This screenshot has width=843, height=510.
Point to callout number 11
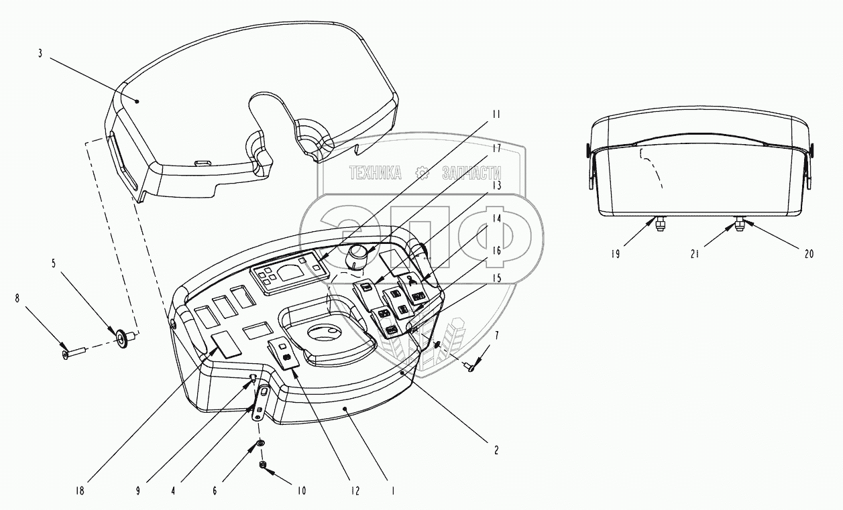(x=496, y=115)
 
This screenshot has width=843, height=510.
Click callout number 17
(x=496, y=147)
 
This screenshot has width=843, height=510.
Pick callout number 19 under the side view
(x=616, y=254)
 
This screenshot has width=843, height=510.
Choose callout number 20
(x=809, y=253)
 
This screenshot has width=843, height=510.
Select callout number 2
(x=496, y=450)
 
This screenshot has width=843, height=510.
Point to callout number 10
(x=302, y=491)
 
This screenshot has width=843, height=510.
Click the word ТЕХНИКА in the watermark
(x=375, y=174)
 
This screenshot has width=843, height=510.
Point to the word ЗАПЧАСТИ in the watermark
(x=469, y=174)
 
